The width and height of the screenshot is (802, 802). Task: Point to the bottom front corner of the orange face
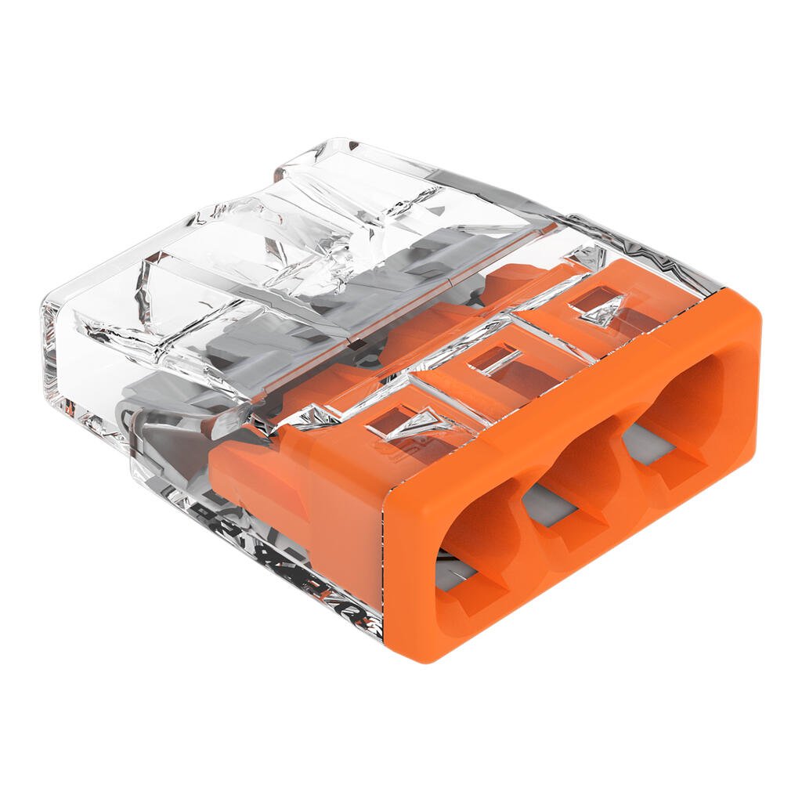[x=427, y=654]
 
